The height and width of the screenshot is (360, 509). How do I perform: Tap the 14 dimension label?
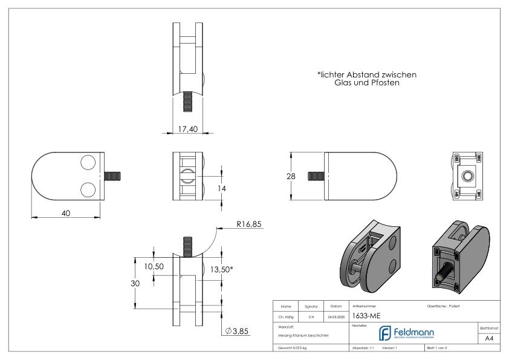click(221, 189)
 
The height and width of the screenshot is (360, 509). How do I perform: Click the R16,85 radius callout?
click(249, 225)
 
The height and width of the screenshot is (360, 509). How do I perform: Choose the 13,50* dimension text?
click(221, 269)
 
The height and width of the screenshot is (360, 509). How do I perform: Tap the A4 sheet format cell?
click(489, 339)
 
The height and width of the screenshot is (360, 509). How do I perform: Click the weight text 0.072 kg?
click(292, 348)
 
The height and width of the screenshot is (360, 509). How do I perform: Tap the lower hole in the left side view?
click(88, 188)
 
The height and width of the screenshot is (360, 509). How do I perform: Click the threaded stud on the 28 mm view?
click(316, 175)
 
